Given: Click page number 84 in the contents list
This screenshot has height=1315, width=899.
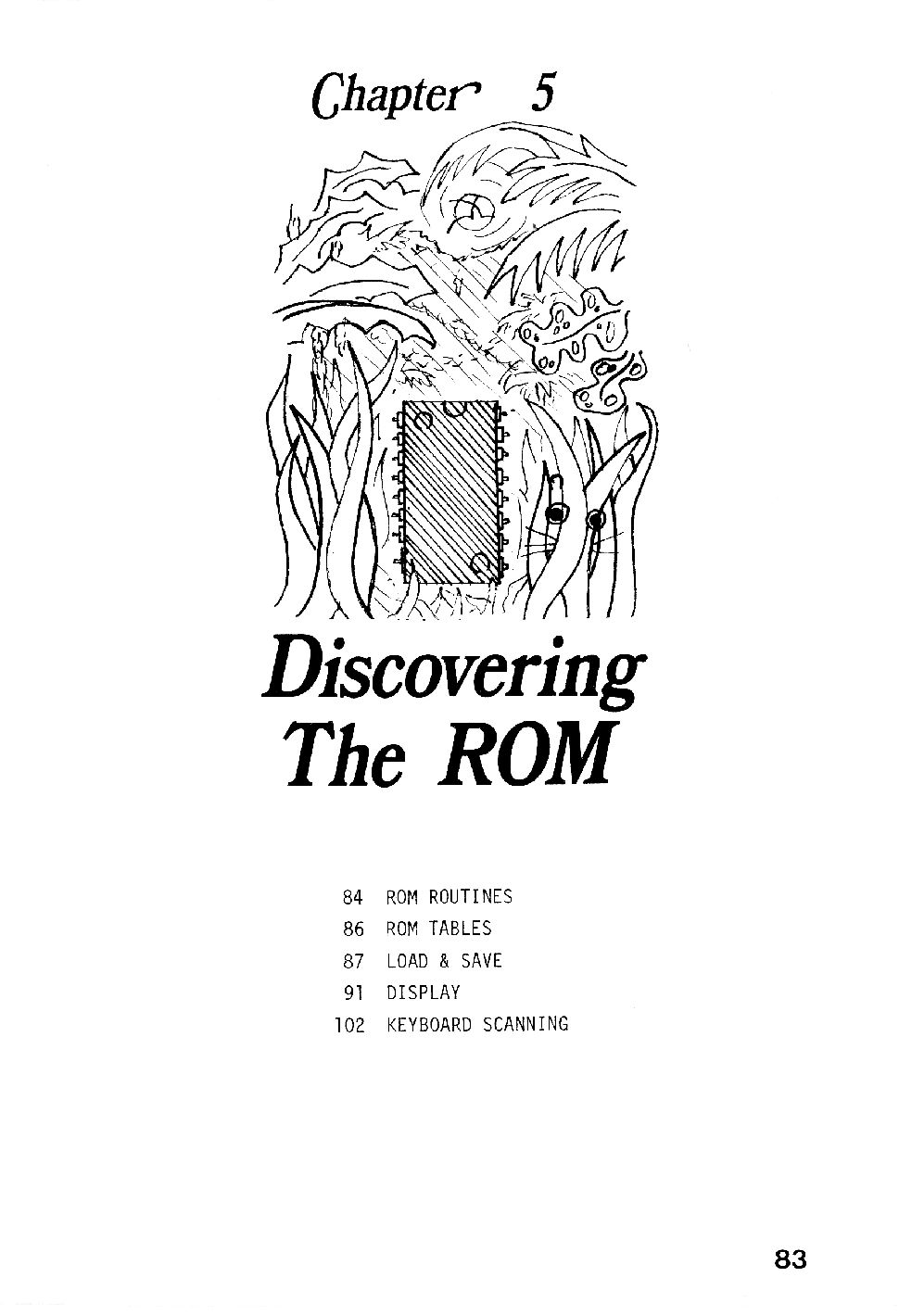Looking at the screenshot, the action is pos(353,896).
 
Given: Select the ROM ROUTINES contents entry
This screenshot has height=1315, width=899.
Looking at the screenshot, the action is pos(449,896).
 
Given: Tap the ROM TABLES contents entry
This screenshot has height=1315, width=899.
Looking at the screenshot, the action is pos(438,929).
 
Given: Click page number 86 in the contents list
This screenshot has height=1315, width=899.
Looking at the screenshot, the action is pos(353,929).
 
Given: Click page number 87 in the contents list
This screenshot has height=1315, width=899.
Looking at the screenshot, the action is pos(353,961).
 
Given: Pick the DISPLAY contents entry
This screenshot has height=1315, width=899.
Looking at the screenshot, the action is pos(423,993).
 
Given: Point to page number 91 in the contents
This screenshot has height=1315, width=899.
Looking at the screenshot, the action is pos(353,993).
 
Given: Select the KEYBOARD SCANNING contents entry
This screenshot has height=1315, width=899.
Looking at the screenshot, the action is pos(477,1024).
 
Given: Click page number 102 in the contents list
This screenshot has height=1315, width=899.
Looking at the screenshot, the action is pos(349,1025).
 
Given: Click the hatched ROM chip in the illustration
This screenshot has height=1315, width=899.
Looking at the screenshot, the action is pos(451,492).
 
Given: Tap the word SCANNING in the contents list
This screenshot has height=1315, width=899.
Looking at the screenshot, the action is pos(525,1024).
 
